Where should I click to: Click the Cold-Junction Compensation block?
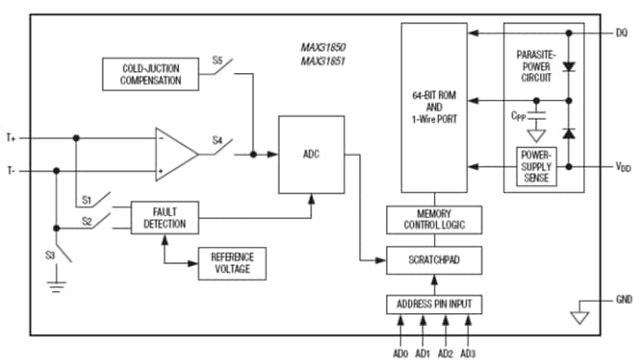pyautogui.click(x=151, y=74)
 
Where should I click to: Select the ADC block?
pyautogui.click(x=311, y=155)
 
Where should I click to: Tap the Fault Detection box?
pyautogui.click(x=165, y=217)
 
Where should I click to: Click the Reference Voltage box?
pyautogui.click(x=232, y=263)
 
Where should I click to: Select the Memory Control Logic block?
pyautogui.click(x=433, y=220)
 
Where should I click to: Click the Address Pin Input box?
pyautogui.click(x=433, y=305)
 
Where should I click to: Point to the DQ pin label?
pyautogui.click(x=621, y=33)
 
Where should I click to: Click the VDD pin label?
pyautogui.click(x=622, y=168)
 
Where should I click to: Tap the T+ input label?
pyautogui.click(x=11, y=137)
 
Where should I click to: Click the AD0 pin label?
pyautogui.click(x=400, y=353)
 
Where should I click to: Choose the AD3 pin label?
pyautogui.click(x=468, y=353)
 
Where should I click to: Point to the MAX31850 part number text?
pyautogui.click(x=322, y=46)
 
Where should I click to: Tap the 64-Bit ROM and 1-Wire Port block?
pyautogui.click(x=433, y=107)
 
